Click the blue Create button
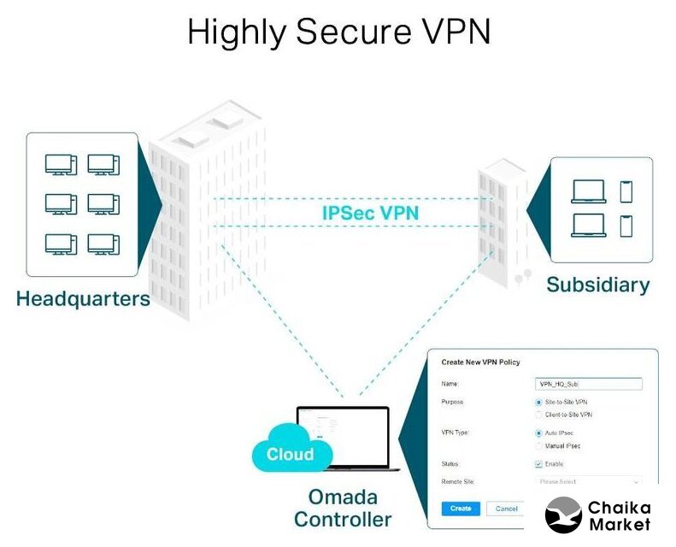tap(460, 509)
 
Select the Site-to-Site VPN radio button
tap(538, 402)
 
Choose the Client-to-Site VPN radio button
tap(538, 415)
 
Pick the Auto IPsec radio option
tap(538, 433)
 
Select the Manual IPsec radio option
tap(538, 446)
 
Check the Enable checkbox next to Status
tap(538, 464)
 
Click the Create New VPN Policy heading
tap(480, 362)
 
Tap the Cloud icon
tap(290, 452)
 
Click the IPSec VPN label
tap(370, 212)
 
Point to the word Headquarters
tap(83, 299)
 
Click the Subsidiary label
tap(598, 285)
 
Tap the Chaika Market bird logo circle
tap(563, 515)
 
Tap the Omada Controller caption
tap(342, 508)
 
